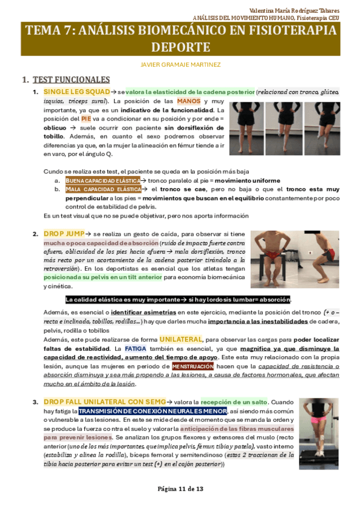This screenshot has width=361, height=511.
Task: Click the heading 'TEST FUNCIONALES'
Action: point(71,80)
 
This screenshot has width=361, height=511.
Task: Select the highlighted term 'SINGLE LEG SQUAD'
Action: point(77,92)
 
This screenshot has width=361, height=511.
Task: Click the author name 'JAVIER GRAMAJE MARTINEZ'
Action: point(180,64)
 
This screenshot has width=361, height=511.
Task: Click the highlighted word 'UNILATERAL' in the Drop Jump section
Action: point(181,339)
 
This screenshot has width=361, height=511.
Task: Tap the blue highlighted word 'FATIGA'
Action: point(136,348)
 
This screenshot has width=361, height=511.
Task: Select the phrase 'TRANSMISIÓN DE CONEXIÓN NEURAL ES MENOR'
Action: point(143,411)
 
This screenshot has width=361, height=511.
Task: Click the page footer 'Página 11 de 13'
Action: point(180,488)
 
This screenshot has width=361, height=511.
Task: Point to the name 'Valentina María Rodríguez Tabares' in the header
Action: point(294,11)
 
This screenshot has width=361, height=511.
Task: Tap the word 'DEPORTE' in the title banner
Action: point(180,47)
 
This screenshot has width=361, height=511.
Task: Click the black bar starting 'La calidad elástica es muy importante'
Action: point(177,299)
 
